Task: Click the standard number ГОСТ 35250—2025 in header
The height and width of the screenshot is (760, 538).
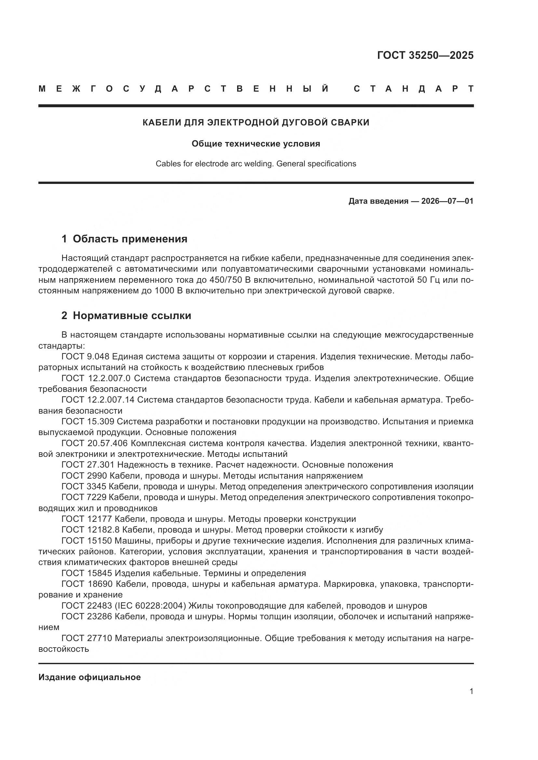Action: pos(425,55)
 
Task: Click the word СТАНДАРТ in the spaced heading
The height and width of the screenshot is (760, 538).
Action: pos(413,89)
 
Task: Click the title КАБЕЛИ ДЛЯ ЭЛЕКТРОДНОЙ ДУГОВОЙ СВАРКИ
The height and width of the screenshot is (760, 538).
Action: pos(256,122)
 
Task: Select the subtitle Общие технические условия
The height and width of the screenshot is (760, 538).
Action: pos(256,144)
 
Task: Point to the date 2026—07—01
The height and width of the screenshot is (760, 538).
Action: pos(447,201)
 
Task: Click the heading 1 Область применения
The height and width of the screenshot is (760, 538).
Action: pos(124,239)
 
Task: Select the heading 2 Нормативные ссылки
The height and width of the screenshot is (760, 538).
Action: pos(126,316)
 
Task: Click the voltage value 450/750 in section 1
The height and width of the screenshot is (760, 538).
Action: pos(226,280)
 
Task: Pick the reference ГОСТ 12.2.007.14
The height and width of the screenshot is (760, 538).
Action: pos(98,400)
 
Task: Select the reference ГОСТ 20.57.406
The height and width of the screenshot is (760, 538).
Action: pos(94,443)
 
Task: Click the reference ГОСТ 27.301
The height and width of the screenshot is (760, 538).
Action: pos(87,465)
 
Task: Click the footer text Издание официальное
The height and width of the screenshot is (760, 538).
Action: pos(89,677)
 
